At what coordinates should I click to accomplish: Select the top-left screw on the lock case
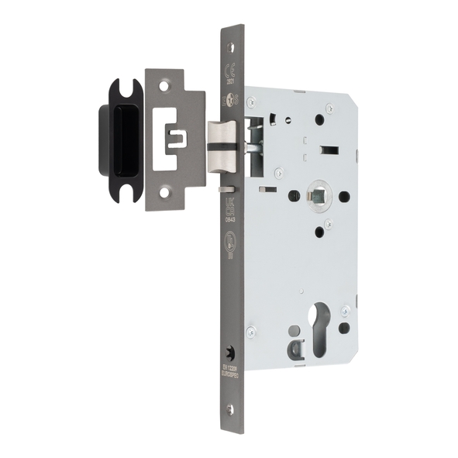click(251, 101)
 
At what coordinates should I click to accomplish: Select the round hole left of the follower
click(294, 196)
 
